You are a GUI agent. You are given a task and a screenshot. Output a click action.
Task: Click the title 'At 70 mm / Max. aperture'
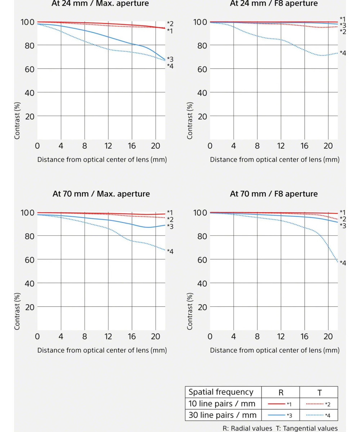pyautogui.click(x=101, y=194)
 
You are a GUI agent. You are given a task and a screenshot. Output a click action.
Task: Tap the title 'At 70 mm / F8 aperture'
pyautogui.click(x=274, y=194)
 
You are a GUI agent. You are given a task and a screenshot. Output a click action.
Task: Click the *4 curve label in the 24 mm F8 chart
pyautogui.click(x=342, y=53)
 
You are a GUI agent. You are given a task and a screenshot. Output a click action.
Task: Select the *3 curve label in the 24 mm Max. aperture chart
pyautogui.click(x=170, y=59)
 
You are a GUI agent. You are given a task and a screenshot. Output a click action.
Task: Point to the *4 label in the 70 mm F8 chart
pyautogui.click(x=342, y=263)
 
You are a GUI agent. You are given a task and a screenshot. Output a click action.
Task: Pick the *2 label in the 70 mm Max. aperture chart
pyautogui.click(x=170, y=219)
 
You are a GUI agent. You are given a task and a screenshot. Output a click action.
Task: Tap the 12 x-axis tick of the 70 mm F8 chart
pyautogui.click(x=281, y=337)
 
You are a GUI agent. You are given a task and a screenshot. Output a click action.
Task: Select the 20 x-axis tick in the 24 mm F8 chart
pyautogui.click(x=328, y=146)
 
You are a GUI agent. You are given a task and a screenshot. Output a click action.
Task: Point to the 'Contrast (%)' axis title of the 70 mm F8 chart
pyautogui.click(x=190, y=311)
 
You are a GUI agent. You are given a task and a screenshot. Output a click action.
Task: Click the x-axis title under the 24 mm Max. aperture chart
pyautogui.click(x=102, y=159)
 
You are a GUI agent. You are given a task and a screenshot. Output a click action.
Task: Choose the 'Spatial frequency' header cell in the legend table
pyautogui.click(x=221, y=392)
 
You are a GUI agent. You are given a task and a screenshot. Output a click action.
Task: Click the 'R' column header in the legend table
pyautogui.click(x=281, y=392)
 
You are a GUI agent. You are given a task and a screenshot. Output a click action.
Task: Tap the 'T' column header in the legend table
pyautogui.click(x=319, y=392)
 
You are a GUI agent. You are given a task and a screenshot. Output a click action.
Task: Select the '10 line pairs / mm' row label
pyautogui.click(x=222, y=404)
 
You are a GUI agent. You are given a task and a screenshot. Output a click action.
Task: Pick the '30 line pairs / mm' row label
pyautogui.click(x=222, y=415)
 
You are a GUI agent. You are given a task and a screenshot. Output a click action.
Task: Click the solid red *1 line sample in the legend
pyautogui.click(x=276, y=404)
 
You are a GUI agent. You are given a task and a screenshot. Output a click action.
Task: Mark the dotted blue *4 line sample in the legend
pyautogui.click(x=315, y=415)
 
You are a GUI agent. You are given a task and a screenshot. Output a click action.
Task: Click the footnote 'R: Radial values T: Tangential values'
pyautogui.click(x=280, y=428)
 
